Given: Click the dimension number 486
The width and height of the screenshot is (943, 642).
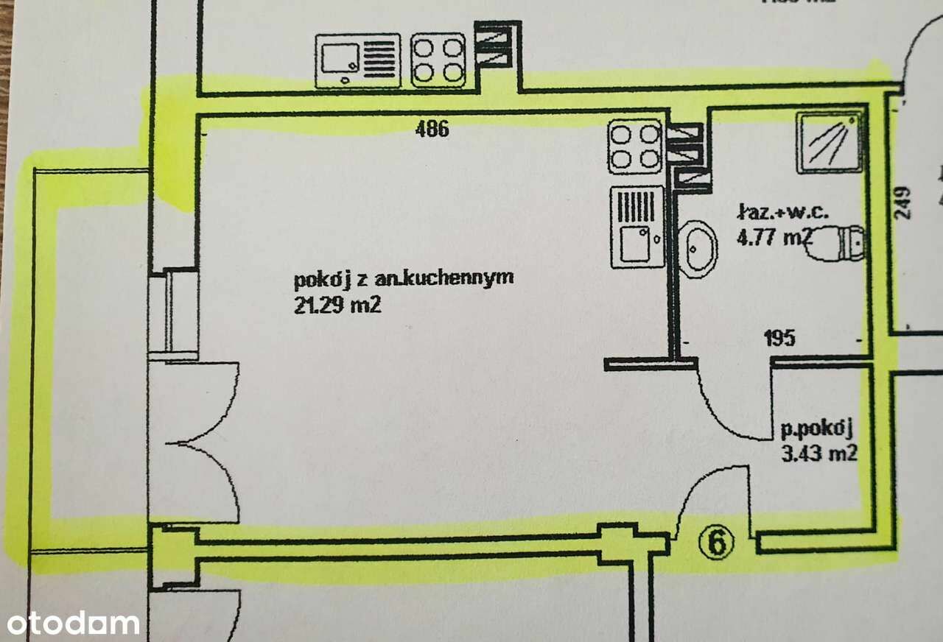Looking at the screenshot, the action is point(432,129).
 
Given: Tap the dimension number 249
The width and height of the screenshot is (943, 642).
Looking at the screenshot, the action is point(902,202).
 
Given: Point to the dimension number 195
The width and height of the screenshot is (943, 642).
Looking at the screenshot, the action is point(780,338).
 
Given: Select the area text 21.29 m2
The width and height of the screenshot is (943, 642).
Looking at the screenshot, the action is point(337,305).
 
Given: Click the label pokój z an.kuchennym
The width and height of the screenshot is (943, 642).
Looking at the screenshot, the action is point(404,280).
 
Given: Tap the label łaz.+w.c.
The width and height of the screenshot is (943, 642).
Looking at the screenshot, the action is point(783,211).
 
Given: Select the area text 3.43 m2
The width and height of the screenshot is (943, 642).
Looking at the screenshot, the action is point(819,454).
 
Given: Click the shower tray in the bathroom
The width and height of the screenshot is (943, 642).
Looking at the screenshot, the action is point(829,142).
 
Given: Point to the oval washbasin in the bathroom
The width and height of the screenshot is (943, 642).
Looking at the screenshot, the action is point(697,249).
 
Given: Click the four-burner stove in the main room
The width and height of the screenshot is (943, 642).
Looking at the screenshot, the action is point(635,147).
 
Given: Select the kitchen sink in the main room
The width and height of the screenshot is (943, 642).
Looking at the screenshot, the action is point(637,227).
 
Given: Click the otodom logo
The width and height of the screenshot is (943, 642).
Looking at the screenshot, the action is point(73,624).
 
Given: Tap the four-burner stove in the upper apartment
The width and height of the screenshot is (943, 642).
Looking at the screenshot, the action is point(438,60).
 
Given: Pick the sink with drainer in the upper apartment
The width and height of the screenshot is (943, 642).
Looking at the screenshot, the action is point(358,61).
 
